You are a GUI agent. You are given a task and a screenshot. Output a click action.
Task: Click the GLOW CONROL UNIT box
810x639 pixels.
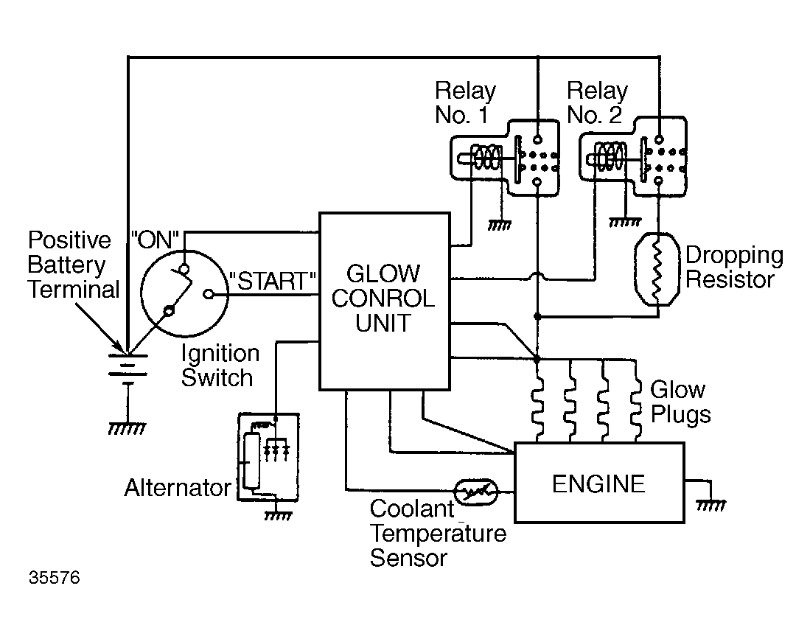[x=384, y=301]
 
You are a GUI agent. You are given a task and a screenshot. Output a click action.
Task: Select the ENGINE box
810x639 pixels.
[x=598, y=483]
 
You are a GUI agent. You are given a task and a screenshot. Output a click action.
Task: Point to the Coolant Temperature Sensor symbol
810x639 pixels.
[x=477, y=490]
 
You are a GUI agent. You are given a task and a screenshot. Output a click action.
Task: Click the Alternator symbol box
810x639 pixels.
[x=268, y=456]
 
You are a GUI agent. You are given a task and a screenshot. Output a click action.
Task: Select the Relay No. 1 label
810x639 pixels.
[x=465, y=103]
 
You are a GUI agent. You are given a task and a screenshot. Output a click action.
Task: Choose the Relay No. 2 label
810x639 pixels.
[x=597, y=103]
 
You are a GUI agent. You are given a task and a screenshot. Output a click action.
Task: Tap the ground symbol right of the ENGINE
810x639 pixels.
[x=711, y=504]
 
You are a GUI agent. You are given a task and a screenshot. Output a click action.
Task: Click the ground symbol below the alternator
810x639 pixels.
[x=276, y=515]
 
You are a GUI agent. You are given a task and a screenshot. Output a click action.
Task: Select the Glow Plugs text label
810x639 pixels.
[x=680, y=402]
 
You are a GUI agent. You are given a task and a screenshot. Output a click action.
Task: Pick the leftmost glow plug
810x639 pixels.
[x=537, y=402]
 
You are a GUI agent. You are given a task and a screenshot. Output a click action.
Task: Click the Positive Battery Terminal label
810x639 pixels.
[x=73, y=265]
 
